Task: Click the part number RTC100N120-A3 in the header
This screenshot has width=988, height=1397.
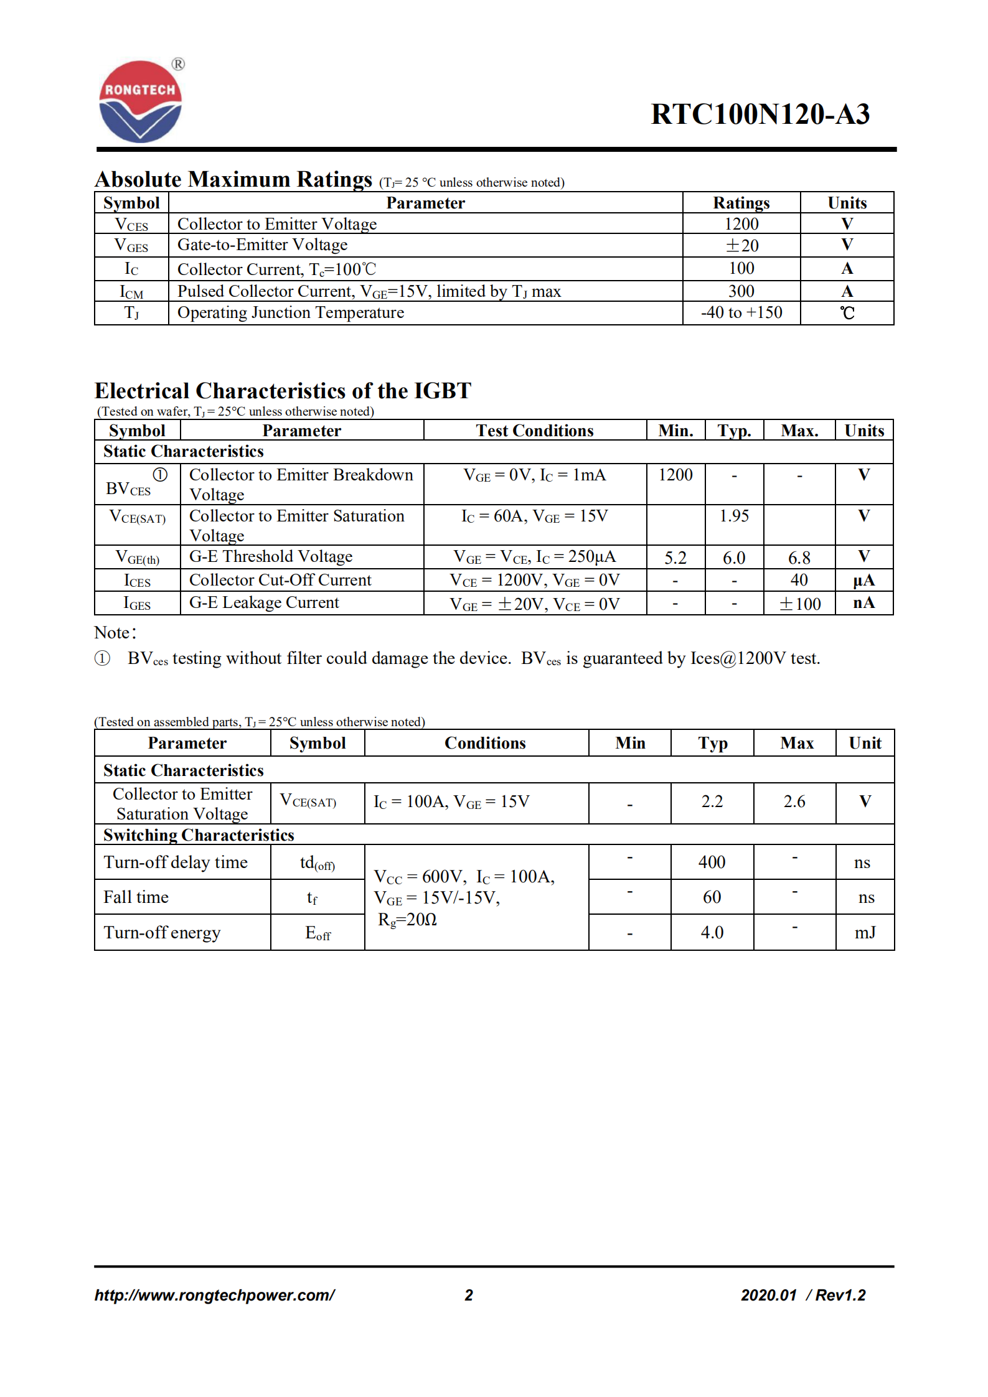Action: (x=760, y=114)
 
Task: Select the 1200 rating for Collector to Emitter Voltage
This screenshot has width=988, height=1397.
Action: (x=741, y=224)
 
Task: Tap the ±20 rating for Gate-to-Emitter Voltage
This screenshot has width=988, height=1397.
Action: (x=741, y=246)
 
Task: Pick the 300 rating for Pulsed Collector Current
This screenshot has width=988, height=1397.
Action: (x=741, y=291)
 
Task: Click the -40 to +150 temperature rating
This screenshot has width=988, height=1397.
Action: (x=741, y=312)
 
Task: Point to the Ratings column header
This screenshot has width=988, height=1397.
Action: (x=741, y=203)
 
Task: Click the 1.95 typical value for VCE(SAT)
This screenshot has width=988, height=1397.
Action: (x=734, y=516)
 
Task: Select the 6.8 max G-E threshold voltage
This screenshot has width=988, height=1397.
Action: (x=799, y=558)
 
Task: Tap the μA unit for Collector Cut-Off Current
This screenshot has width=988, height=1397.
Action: (x=863, y=581)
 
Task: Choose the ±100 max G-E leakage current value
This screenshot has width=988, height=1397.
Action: (x=799, y=604)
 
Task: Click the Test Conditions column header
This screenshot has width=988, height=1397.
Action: (x=534, y=431)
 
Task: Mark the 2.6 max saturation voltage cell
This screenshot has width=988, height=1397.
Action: (x=794, y=801)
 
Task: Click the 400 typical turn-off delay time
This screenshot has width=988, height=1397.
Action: (x=712, y=862)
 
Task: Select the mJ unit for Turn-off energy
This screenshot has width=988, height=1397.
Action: (x=865, y=932)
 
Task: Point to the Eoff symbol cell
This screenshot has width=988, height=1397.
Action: (x=318, y=933)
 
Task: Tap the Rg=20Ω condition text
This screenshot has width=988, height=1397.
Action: (x=407, y=920)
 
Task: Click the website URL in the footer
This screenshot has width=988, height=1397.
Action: (x=214, y=1295)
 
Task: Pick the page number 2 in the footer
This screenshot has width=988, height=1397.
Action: (x=469, y=1295)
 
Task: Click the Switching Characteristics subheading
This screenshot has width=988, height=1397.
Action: (x=199, y=835)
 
